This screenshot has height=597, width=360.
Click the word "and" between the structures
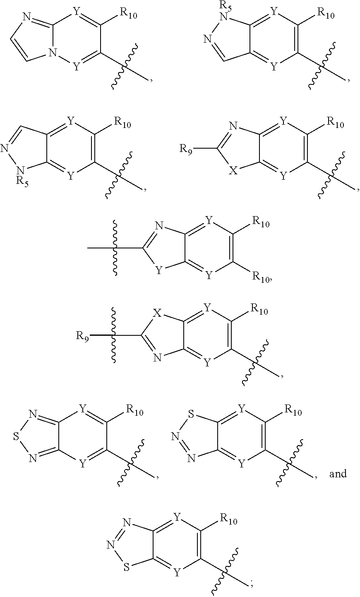338,473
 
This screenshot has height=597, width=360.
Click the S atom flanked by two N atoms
16,437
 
